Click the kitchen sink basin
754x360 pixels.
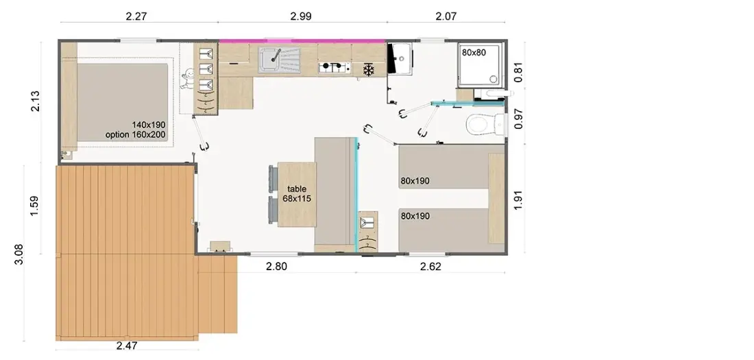270,60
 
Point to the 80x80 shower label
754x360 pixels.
474,53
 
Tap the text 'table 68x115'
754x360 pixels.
297,193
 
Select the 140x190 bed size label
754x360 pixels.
149,125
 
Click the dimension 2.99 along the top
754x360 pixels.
301,16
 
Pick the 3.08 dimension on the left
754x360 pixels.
19,254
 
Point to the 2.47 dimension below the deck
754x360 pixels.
127,345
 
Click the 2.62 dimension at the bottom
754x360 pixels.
430,267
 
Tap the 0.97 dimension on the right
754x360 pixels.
518,119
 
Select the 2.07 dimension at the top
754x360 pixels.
446,16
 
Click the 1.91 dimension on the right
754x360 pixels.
518,200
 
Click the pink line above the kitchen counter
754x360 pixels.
302,41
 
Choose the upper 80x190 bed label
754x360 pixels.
415,181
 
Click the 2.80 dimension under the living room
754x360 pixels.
276,266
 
